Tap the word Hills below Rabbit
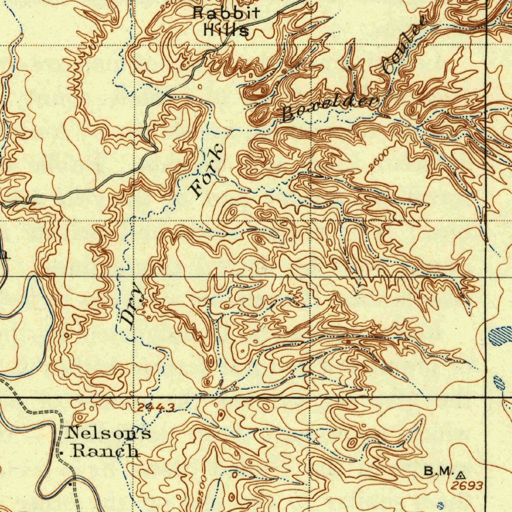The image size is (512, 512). (x=226, y=30)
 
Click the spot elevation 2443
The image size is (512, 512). (x=156, y=408)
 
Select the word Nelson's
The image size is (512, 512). (x=109, y=433)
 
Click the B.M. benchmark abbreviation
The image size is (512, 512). (x=438, y=471)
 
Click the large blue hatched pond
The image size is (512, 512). (x=501, y=336)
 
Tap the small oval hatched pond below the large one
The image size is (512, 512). (x=498, y=383)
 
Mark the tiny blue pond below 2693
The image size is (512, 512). (x=440, y=504)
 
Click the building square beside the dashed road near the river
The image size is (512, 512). (x=70, y=484)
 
